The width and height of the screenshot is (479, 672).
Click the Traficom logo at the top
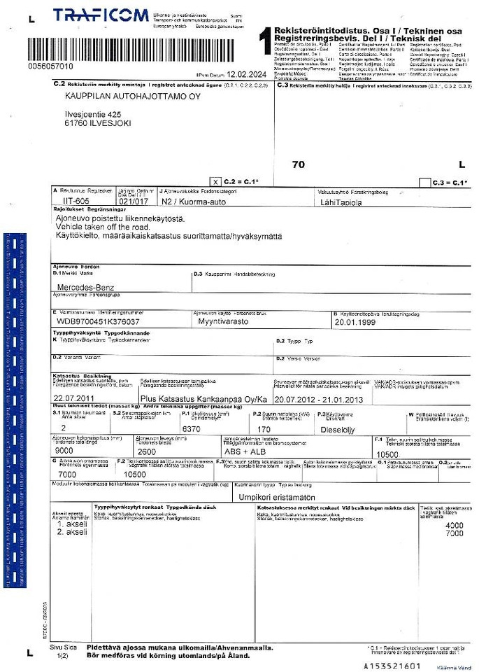pyautogui.click(x=101, y=16)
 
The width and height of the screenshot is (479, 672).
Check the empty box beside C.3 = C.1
pyautogui.click(x=424, y=182)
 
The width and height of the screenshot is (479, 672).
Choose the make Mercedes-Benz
pyautogui.click(x=88, y=287)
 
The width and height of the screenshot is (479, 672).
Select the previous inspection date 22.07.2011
pyautogui.click(x=73, y=398)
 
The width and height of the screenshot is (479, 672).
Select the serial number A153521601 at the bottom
pyautogui.click(x=392, y=666)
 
